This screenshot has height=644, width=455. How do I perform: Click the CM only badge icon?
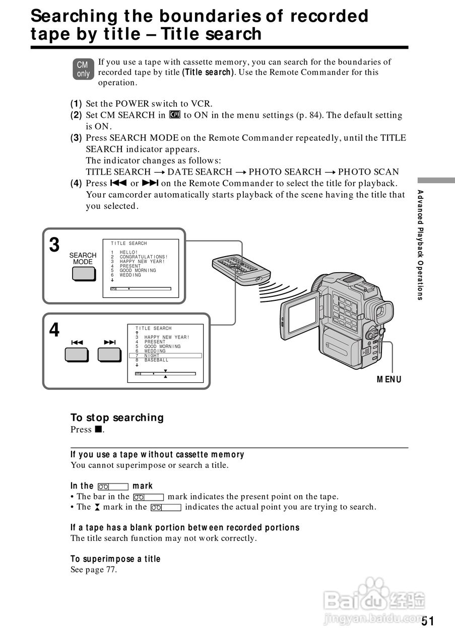(x=83, y=69)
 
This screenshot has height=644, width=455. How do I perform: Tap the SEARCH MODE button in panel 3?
(x=83, y=273)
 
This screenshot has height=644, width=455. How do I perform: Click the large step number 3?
(x=54, y=246)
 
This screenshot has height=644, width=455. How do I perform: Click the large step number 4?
(x=54, y=331)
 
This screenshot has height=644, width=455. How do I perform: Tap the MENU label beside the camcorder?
(x=389, y=379)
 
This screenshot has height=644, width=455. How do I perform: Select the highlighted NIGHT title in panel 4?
(x=152, y=356)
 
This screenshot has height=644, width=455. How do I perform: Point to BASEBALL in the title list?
(x=156, y=360)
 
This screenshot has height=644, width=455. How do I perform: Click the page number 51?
(x=428, y=621)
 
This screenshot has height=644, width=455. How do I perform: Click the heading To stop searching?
(x=117, y=418)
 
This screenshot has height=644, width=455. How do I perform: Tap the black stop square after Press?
(x=98, y=430)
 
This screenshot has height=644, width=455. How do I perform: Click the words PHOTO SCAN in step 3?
(x=368, y=172)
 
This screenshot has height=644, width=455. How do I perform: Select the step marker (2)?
(x=76, y=115)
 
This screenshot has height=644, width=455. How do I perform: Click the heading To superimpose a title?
(x=115, y=559)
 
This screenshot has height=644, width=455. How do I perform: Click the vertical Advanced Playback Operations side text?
(x=420, y=245)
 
